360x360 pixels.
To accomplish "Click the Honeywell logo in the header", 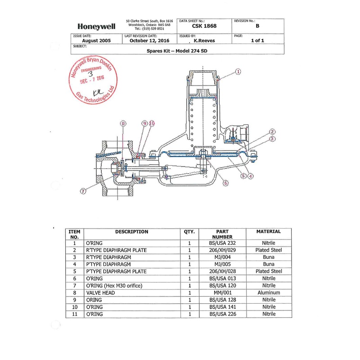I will (96, 27).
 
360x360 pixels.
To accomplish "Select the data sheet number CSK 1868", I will (204, 26).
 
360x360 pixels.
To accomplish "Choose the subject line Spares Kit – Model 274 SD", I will (177, 51).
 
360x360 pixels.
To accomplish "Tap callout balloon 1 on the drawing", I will (238, 71).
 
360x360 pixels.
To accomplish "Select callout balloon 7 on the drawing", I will (83, 191).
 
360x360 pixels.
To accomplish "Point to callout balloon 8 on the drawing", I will (123, 123).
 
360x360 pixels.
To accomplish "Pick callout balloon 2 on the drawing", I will (272, 132).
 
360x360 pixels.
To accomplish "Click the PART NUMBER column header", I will (222, 234).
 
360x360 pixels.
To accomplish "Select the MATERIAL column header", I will (268, 232).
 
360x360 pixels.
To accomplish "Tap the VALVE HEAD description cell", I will (100, 292).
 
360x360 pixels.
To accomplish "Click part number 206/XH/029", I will (222, 250).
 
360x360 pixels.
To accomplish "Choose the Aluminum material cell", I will (268, 292).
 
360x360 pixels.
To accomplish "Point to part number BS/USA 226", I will (222, 314).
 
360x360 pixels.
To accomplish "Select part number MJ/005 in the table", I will (222, 264).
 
